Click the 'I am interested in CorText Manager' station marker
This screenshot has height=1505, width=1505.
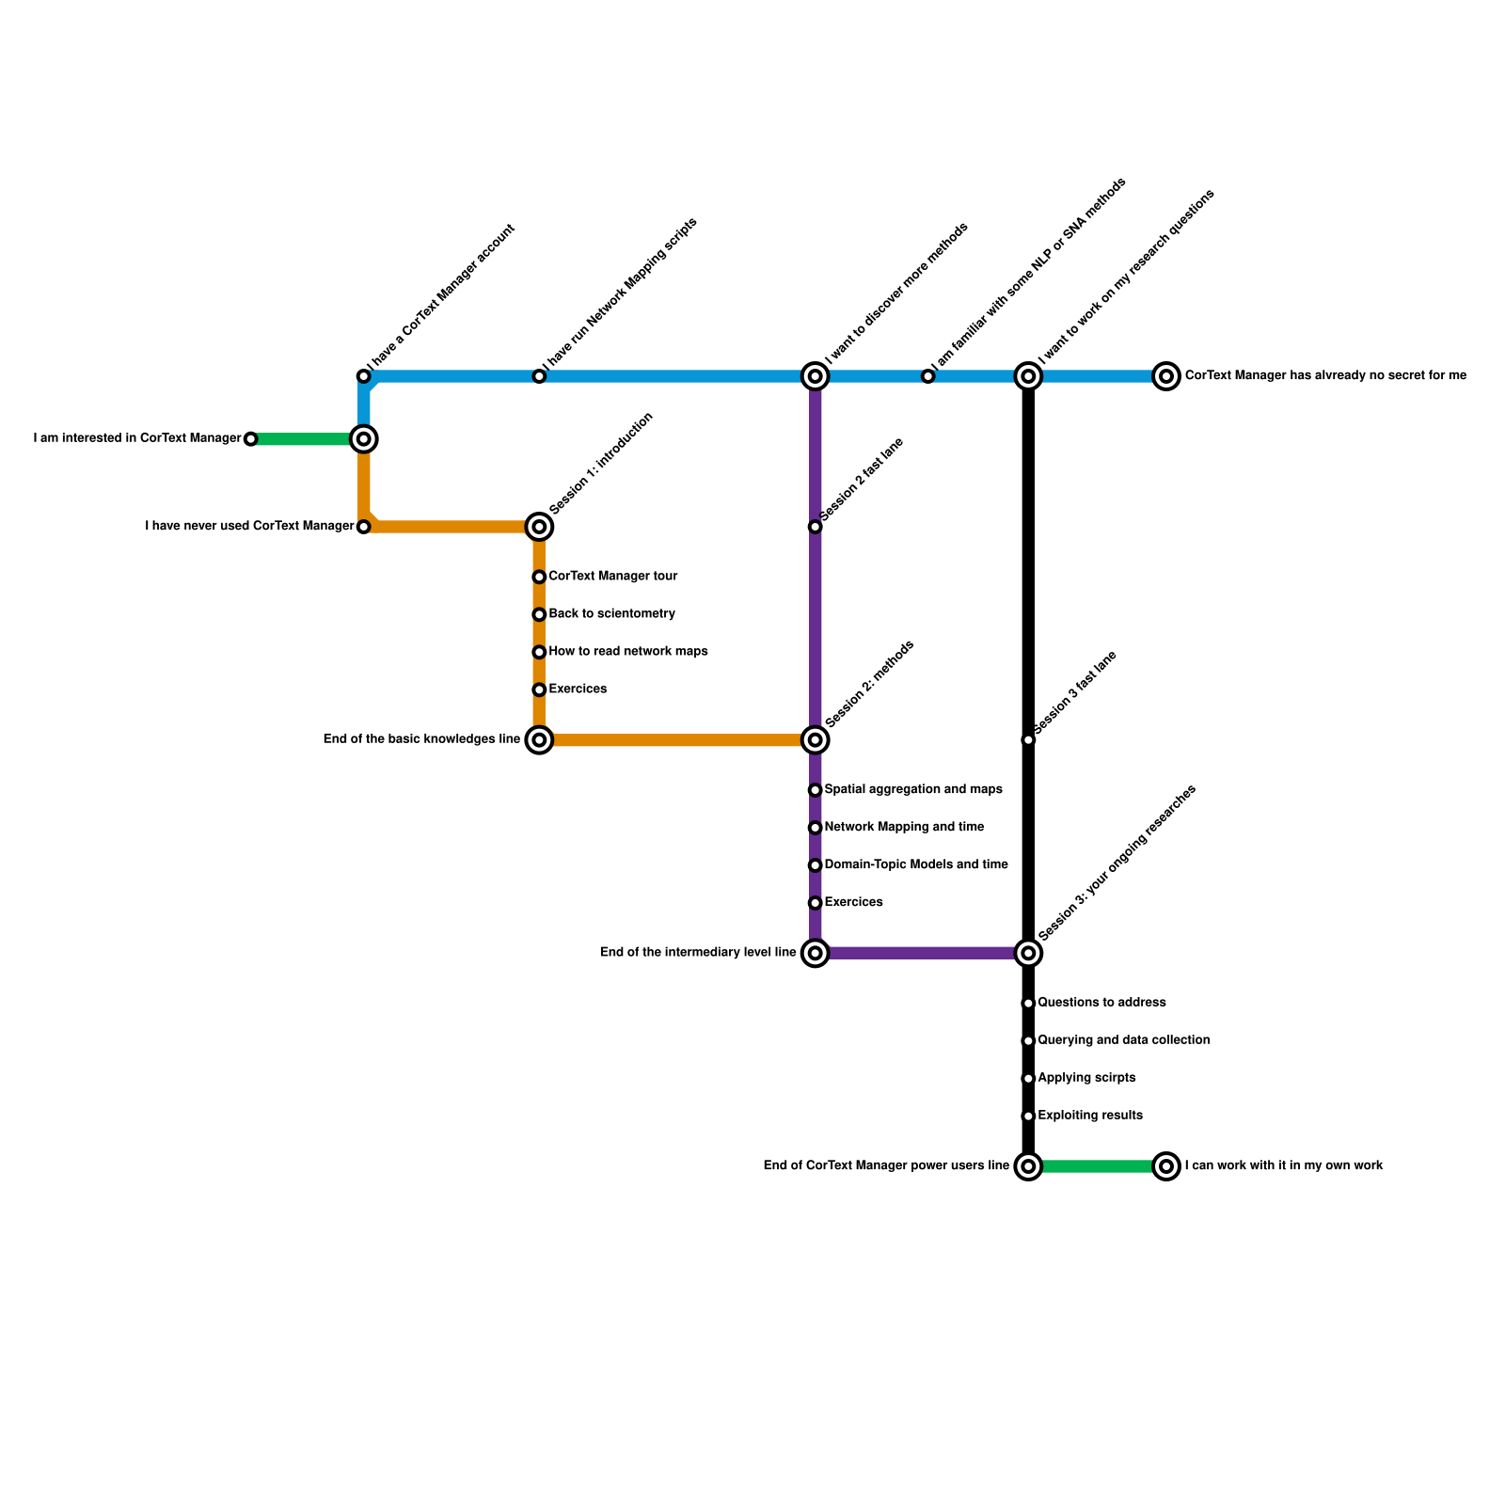250,439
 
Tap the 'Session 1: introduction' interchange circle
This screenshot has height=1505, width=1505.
539,527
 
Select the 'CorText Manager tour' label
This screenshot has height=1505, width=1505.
612,577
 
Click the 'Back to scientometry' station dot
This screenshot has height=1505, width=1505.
539,615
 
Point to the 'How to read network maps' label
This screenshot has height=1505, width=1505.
627,652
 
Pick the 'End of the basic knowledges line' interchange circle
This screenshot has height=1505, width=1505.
539,740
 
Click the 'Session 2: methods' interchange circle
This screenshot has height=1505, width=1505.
816,740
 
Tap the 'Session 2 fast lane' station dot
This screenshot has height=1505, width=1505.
816,527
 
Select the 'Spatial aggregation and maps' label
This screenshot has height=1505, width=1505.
912,790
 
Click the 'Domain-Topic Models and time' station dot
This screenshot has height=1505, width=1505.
816,865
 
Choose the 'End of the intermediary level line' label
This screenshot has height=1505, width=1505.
698,953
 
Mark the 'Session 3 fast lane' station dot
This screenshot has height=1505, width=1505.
1028,740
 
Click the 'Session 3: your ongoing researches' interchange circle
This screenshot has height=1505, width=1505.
1028,954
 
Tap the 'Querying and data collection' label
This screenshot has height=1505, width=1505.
1123,1040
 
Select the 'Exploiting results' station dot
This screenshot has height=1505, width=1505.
1028,1117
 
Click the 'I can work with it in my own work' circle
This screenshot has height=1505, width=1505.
1166,1166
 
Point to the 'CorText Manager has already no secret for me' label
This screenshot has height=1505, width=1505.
1324,376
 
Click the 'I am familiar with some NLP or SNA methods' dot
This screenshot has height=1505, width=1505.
927,376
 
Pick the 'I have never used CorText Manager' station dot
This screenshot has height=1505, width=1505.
364,527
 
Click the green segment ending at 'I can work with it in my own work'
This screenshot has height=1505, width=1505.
1097,1166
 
